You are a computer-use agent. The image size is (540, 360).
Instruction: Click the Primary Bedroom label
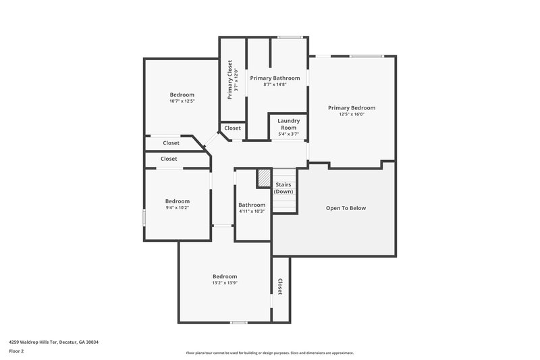[351, 107]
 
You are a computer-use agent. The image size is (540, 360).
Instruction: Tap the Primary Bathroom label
[275, 78]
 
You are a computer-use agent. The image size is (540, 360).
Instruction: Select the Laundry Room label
[288, 124]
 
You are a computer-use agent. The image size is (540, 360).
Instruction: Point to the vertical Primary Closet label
[230, 80]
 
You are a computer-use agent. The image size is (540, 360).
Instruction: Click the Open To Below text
[346, 208]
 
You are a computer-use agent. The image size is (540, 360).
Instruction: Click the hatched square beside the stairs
[263, 178]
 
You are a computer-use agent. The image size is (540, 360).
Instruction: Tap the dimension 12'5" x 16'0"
[351, 114]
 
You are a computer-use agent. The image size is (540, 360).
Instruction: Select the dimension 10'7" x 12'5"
[182, 101]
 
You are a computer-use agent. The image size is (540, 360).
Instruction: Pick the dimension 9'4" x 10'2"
[178, 208]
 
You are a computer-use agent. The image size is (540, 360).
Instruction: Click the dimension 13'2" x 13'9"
[225, 283]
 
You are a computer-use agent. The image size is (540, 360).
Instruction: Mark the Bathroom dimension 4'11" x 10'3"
[251, 211]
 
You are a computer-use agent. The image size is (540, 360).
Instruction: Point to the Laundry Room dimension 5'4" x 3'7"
[288, 134]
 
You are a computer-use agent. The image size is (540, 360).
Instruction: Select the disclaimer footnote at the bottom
[269, 353]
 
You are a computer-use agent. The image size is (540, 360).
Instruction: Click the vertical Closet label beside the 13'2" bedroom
[280, 286]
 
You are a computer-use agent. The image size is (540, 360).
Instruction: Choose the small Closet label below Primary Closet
[232, 128]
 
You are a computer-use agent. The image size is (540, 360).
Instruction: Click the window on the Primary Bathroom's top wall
[290, 37]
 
